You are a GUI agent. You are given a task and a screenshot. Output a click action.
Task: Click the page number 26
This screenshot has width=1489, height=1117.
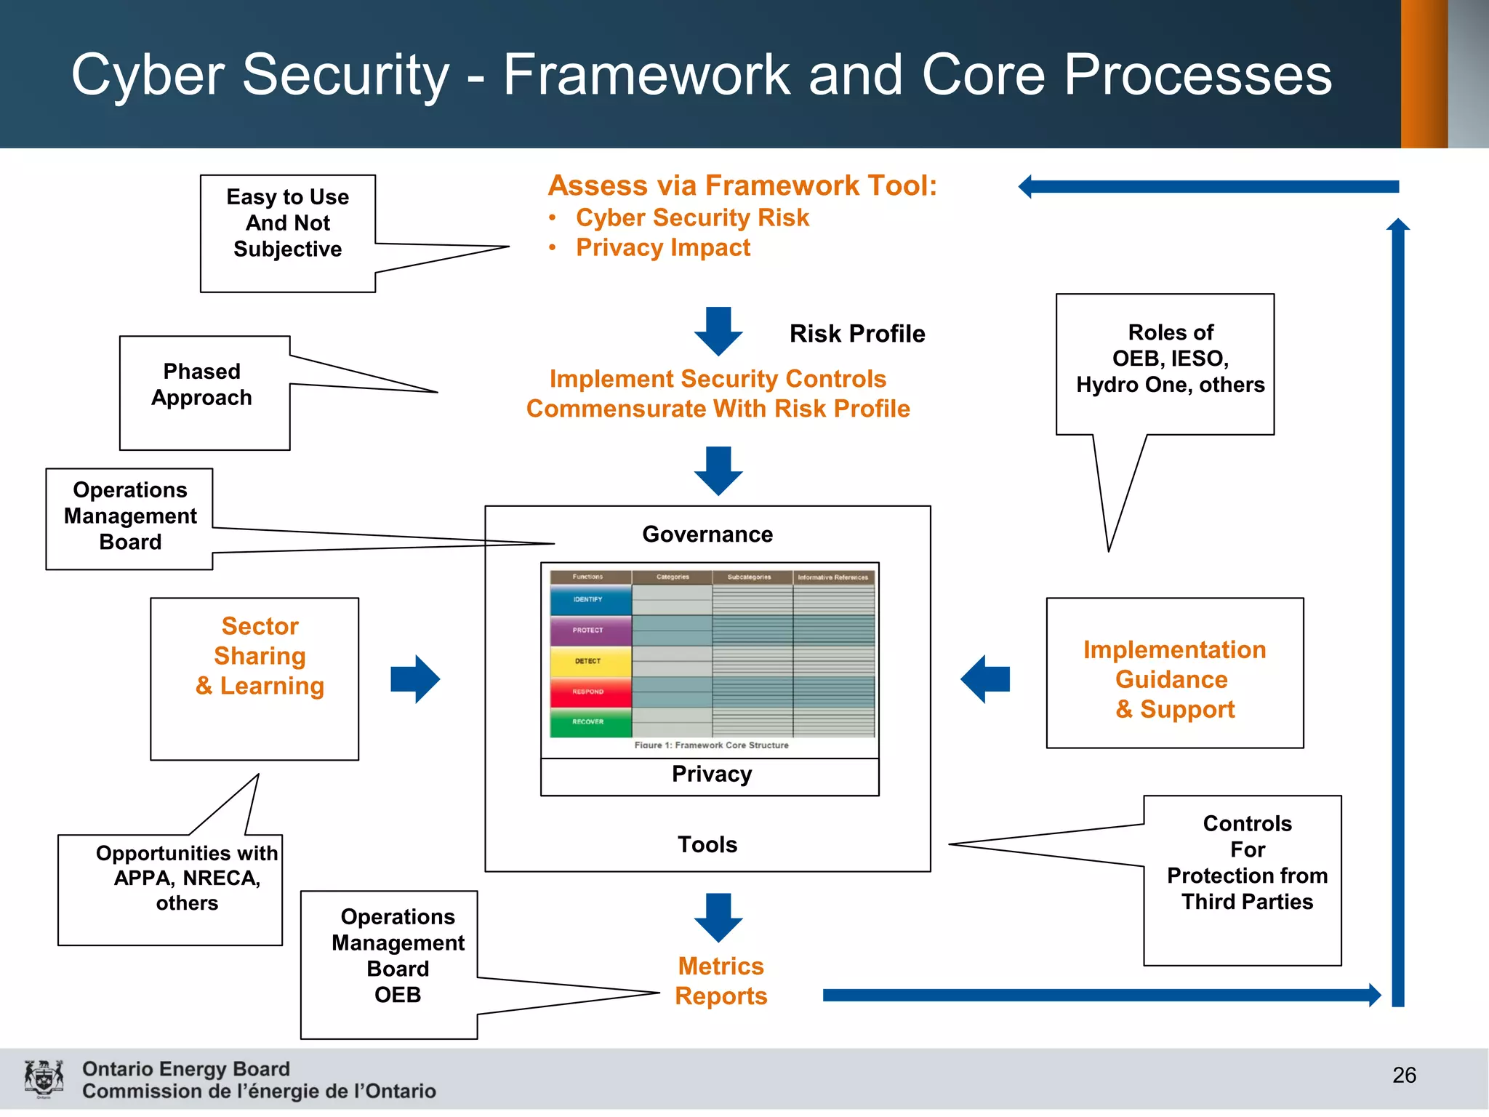(1403, 1075)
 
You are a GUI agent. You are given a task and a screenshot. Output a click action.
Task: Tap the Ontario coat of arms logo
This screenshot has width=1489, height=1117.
(44, 1078)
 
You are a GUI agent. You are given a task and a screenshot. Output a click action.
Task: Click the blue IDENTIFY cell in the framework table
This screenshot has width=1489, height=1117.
(590, 600)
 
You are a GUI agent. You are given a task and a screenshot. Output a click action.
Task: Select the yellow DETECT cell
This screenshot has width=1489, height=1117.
(590, 661)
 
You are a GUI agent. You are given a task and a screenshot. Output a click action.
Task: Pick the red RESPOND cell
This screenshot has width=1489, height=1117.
(590, 692)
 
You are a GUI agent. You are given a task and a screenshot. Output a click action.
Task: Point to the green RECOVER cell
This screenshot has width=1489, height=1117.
(590, 721)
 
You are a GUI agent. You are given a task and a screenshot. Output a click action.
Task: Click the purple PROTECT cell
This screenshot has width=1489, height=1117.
(590, 630)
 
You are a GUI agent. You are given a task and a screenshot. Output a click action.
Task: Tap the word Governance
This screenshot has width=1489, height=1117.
(707, 535)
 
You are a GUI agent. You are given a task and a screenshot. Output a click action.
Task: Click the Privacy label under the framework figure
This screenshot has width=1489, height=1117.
(711, 774)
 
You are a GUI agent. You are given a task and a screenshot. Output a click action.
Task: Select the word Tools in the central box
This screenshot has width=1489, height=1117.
(707, 844)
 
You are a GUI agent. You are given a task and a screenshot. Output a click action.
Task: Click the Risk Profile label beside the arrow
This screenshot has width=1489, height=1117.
(857, 334)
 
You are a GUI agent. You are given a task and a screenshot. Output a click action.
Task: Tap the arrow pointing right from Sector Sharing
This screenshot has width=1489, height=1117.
(415, 679)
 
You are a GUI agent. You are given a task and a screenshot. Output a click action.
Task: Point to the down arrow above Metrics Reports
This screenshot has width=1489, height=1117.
(718, 918)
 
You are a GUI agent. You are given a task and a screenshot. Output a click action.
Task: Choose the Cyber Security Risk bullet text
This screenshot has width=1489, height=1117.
(692, 217)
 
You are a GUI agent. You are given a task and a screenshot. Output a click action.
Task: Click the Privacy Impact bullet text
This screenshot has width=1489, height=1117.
(662, 248)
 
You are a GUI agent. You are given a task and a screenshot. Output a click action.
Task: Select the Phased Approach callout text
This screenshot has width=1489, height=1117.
(202, 385)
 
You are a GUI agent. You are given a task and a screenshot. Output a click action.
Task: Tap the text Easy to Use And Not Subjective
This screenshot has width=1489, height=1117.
(288, 223)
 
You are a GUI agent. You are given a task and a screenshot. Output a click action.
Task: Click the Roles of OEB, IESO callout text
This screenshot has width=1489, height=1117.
(1171, 359)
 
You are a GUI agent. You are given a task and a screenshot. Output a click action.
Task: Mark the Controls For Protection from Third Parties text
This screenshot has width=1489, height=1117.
(1247, 862)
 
